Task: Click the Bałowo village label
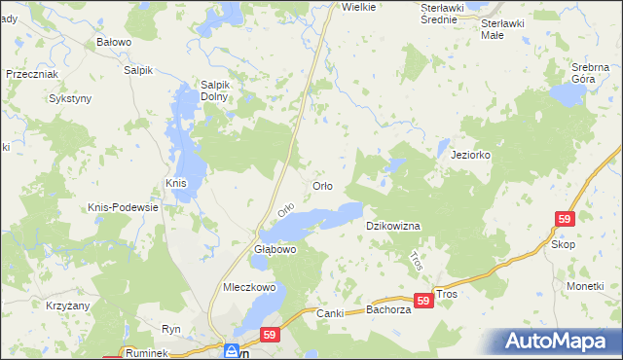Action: coord(114,43)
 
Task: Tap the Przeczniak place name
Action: coord(32,74)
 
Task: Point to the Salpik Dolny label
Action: coord(214,90)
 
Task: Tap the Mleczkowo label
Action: coord(250,288)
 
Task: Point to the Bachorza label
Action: coord(390,311)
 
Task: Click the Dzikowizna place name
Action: coord(392,226)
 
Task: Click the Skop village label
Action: coord(563,244)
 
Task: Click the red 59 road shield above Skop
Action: coord(566,220)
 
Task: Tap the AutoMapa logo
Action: coord(556,342)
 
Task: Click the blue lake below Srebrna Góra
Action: coord(566,95)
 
